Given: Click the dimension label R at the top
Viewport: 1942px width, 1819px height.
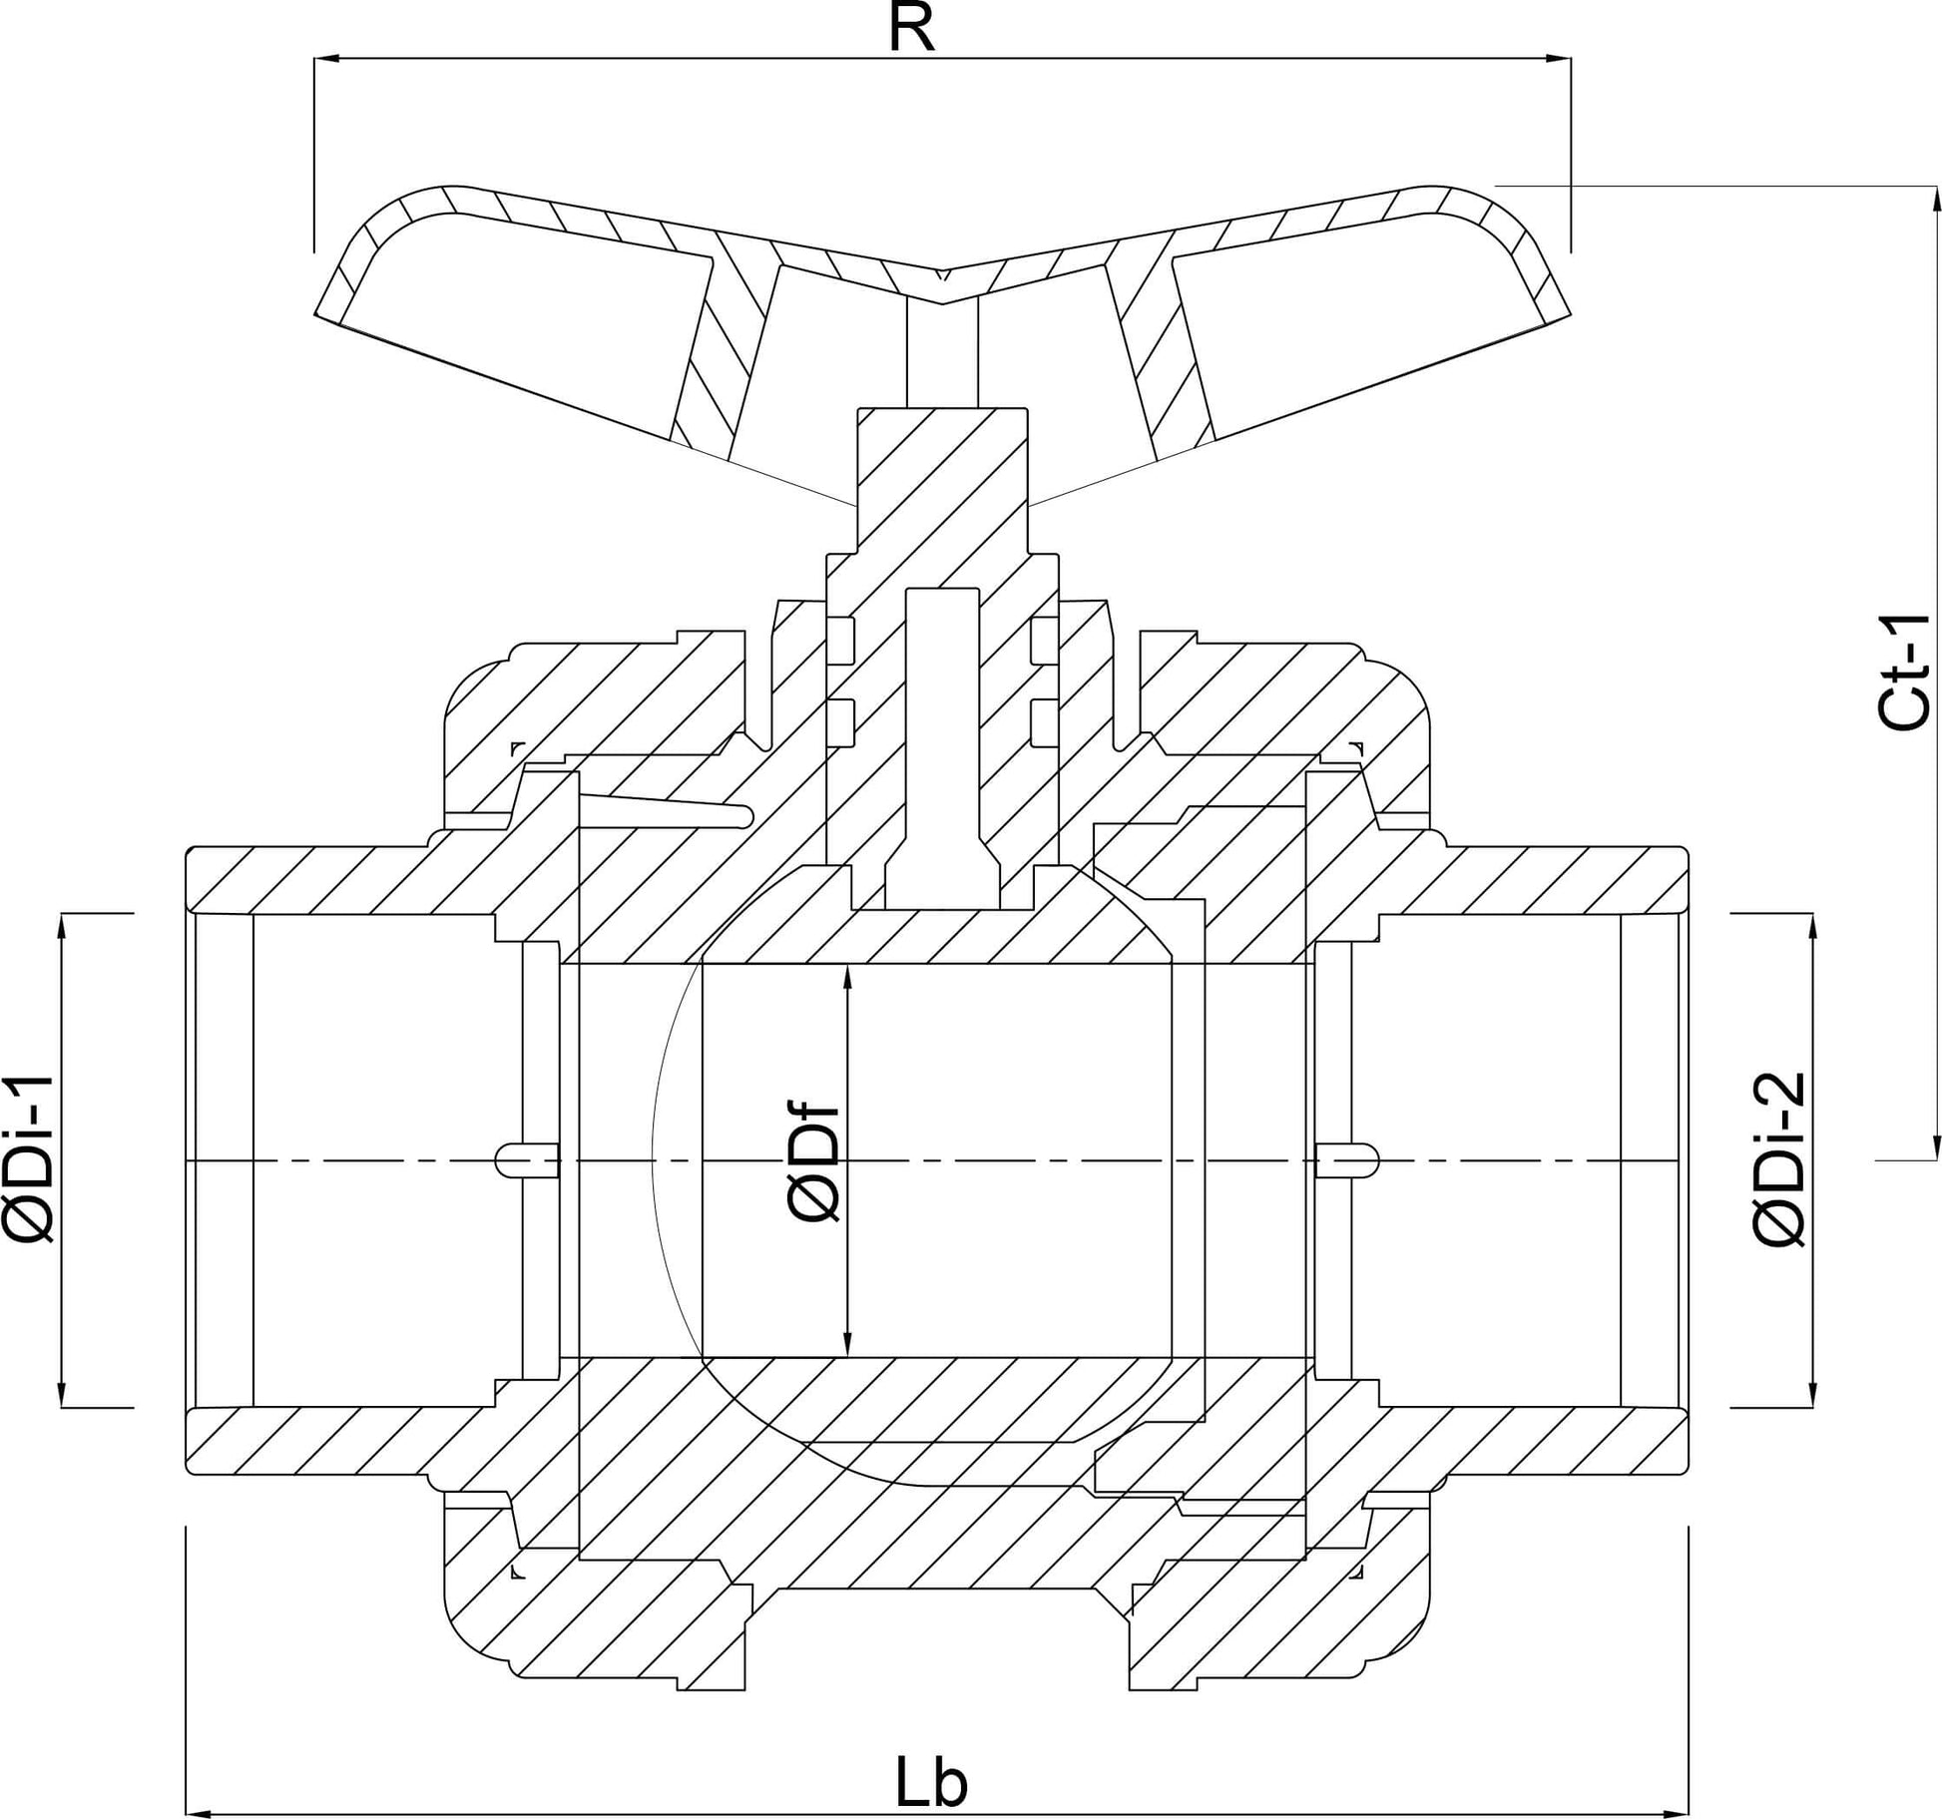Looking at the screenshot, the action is tap(911, 28).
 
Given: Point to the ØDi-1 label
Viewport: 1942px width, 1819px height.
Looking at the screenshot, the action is tap(30, 1159).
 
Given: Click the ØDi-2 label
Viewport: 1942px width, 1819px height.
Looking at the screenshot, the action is tap(1778, 1158).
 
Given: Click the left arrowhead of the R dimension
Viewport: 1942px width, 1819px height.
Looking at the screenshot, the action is tap(327, 59).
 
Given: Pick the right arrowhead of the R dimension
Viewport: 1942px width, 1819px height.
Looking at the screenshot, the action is tap(1558, 59).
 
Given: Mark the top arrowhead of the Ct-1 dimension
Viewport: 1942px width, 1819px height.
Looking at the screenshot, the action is tap(1937, 200).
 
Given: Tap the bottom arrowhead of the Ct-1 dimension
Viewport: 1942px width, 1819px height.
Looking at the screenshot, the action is tap(1937, 1146).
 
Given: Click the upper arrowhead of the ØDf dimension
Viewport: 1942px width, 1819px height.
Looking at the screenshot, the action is tap(847, 978).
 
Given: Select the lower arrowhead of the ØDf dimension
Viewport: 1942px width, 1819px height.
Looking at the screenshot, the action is tap(847, 1344).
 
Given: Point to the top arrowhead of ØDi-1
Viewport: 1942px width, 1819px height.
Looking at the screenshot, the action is tap(62, 927).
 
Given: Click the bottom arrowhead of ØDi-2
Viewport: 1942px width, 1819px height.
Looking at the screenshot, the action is tap(1811, 1394).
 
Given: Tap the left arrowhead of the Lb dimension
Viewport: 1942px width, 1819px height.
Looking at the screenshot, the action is tap(201, 1812).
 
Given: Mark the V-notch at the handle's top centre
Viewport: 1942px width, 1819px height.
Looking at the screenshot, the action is tap(943, 273).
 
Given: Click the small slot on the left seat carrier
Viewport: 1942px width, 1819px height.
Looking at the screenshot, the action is tap(527, 1159).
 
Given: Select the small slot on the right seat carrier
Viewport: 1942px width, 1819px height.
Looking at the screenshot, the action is tap(1347, 1159).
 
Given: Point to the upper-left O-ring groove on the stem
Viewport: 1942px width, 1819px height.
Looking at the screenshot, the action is tap(840, 640).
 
